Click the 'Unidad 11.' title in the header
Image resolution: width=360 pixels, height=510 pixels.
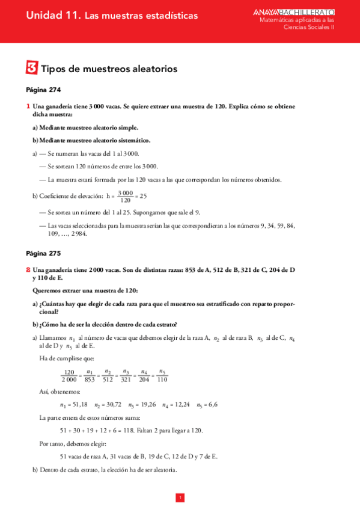coord(53,16)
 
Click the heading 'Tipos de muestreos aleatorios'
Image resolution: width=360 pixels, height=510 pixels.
coord(109,69)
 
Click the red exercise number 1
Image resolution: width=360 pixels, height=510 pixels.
coord(28,106)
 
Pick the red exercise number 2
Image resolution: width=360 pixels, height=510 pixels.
coord(28,270)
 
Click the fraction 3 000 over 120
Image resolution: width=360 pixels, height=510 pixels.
coord(126,196)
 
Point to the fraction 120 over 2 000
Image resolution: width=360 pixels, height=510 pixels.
coord(69,375)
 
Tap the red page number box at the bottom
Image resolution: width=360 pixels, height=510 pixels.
coord(180,497)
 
